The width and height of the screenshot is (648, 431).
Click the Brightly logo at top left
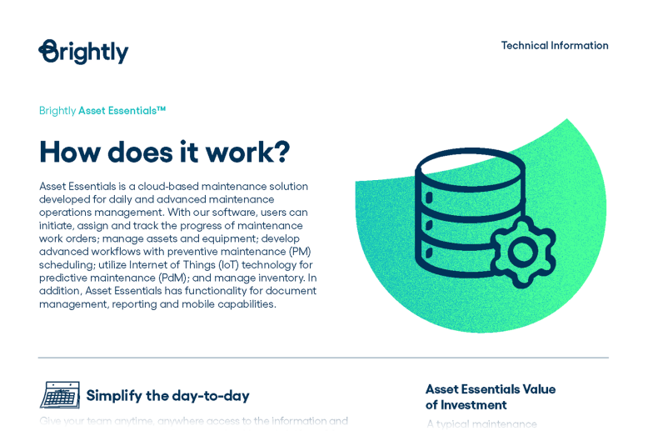[x=83, y=52]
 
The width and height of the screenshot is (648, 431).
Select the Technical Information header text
[x=554, y=46]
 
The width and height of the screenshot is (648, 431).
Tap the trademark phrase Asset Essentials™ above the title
[x=122, y=111]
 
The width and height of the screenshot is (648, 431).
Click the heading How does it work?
[x=164, y=152]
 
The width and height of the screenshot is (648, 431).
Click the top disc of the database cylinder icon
[x=470, y=165]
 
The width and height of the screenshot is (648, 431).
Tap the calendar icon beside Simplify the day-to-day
[x=60, y=395]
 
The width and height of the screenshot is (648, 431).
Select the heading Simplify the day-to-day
[x=167, y=396]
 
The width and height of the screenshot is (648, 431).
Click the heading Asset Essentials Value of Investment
[x=490, y=397]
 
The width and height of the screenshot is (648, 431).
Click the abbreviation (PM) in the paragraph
[x=299, y=252]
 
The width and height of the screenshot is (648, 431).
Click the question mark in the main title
[x=281, y=152]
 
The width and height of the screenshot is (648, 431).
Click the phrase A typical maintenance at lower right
[x=482, y=424]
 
